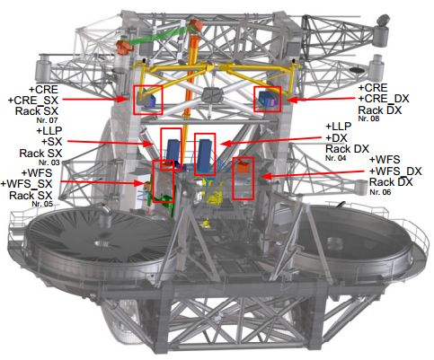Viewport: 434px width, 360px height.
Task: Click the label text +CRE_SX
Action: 33,101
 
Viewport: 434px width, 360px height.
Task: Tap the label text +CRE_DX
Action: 384,99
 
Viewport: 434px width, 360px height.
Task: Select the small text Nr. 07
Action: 47,120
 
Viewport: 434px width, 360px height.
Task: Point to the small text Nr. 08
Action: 368,119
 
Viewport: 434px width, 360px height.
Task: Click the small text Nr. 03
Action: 49,162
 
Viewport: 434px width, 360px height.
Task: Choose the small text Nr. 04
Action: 336,158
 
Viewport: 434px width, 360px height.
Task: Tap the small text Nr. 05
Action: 42,204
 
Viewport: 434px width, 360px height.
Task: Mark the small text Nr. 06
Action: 380,192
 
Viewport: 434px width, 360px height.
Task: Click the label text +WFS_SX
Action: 26,183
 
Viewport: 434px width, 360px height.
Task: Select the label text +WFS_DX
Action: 395,171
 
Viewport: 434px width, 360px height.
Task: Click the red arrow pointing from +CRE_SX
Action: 95,99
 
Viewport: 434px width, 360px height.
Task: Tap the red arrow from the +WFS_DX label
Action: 314,174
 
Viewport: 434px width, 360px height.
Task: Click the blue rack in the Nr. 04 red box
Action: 205,155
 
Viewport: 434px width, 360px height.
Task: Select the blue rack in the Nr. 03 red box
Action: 173,152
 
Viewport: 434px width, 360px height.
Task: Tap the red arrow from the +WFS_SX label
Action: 102,182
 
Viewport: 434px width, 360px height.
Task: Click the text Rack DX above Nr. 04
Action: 347,149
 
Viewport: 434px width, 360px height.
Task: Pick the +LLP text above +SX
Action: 49,131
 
